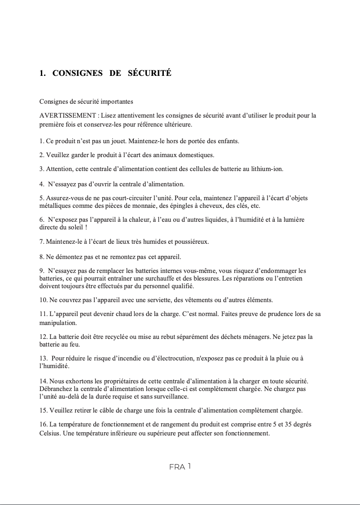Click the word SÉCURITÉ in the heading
pyautogui.click(x=149, y=73)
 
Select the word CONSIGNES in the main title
pyautogui.click(x=78, y=73)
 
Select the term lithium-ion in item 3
pyautogui.click(x=268, y=169)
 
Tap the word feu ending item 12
pyautogui.click(x=75, y=345)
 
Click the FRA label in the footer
pyautogui.click(x=177, y=467)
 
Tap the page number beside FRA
pyautogui.click(x=189, y=466)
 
